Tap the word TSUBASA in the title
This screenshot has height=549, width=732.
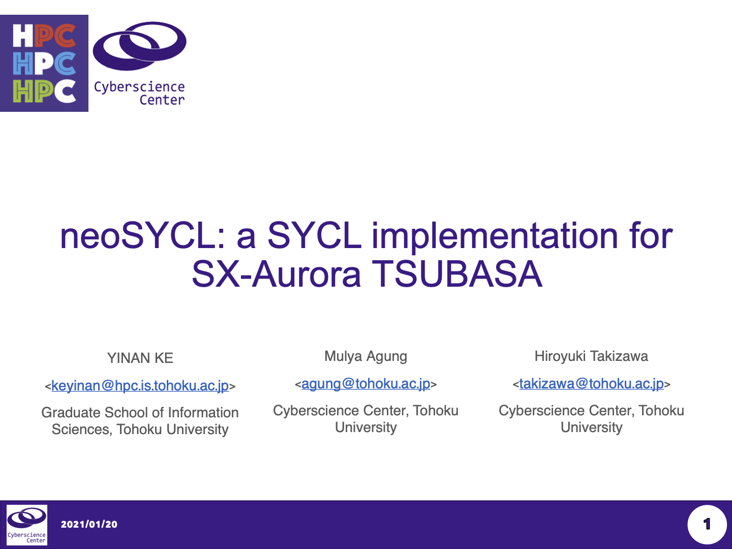point(457,273)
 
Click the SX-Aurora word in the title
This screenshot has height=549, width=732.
point(277,273)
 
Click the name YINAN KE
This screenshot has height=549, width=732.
point(140,358)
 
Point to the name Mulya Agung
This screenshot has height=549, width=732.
point(366,357)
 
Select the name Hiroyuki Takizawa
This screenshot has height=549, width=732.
point(591,356)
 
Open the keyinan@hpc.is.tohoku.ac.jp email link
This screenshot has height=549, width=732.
point(140,386)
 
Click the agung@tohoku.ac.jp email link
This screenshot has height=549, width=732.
point(366,384)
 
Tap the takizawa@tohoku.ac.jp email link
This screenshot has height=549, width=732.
point(591,384)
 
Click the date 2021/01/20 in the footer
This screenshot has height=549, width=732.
point(89,524)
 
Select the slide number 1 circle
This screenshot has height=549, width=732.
point(707,525)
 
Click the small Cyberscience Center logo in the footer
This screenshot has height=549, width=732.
point(27,525)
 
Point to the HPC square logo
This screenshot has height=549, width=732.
point(44,64)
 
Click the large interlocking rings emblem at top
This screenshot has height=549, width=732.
point(139,46)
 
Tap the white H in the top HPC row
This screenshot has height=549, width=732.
point(23,36)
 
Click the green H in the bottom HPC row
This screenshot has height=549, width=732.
point(23,91)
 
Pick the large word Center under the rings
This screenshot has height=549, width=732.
point(162,100)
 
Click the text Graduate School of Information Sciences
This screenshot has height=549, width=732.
point(140,421)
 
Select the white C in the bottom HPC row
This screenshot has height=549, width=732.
point(65,91)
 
